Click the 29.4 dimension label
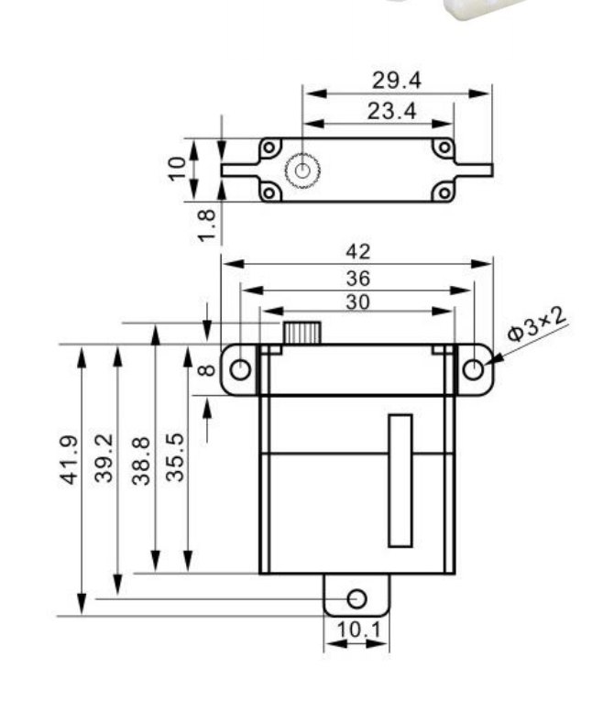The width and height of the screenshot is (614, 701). [x=397, y=81]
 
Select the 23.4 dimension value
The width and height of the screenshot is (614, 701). [x=391, y=111]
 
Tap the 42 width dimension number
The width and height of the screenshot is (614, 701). [x=358, y=252]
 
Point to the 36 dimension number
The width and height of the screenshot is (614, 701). [x=358, y=279]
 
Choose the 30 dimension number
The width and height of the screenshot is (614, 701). [x=358, y=302]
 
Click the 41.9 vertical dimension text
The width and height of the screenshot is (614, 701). [x=70, y=460]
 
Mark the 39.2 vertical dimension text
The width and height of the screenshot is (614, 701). [x=104, y=458]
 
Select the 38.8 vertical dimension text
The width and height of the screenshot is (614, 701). [x=141, y=461]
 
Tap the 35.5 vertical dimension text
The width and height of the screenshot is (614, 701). [x=175, y=457]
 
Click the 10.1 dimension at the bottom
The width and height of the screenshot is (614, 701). [x=359, y=630]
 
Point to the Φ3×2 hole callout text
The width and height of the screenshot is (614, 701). [x=537, y=324]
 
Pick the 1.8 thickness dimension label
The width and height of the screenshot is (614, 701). [x=207, y=226]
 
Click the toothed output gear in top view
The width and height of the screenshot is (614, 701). [x=302, y=170]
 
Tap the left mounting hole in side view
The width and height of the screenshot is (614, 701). [x=240, y=370]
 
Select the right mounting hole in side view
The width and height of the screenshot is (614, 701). [x=473, y=370]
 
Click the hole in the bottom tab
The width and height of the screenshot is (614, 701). [x=356, y=598]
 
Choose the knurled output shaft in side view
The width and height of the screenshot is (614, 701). [x=302, y=333]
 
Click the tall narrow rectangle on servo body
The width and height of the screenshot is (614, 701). [x=400, y=480]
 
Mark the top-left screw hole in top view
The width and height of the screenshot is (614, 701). [x=269, y=148]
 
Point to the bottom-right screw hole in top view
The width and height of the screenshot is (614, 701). [x=444, y=193]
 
